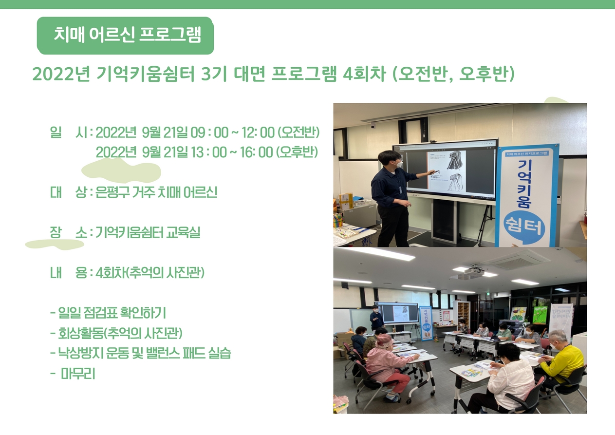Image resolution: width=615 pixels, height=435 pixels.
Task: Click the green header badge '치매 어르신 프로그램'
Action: (125, 36)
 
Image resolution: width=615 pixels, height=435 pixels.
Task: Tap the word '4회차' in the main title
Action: (364, 74)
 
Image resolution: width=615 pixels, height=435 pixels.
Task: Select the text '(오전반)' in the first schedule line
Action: (298, 132)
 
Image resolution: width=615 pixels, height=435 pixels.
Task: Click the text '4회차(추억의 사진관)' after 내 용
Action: (150, 273)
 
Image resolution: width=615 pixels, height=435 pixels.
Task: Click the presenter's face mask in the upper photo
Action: (397, 164)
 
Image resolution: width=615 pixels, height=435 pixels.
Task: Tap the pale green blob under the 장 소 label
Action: (55, 244)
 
